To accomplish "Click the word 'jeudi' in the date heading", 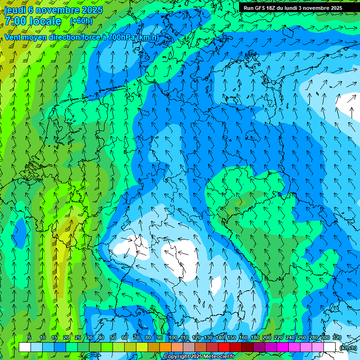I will tap(15, 9).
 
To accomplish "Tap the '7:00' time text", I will tap(15, 21).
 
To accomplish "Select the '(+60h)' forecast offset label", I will tap(81, 21).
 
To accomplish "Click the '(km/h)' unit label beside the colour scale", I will tap(347, 348).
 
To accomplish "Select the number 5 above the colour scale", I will tap(30, 338).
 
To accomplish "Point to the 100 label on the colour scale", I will tap(173, 338).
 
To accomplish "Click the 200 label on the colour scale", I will tap(267, 338).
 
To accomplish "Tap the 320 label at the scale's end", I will tap(337, 338).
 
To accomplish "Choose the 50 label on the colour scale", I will tap(113, 338).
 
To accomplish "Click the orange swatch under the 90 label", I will tap(165, 347).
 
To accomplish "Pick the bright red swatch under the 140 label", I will tap(224, 347).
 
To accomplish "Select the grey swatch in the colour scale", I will tap(189, 347).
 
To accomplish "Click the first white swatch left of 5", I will tap(25, 347).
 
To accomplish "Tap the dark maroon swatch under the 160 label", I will tap(247, 347).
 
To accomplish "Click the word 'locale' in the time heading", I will tap(45, 21).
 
